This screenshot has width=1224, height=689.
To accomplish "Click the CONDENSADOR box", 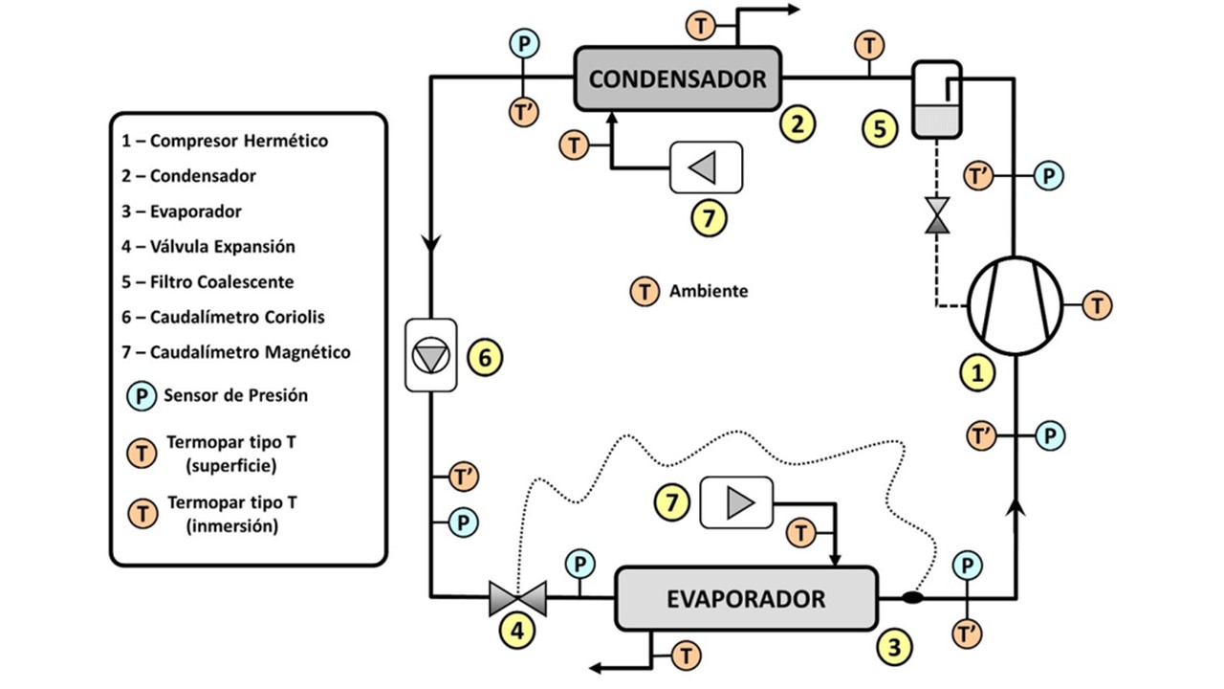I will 677,78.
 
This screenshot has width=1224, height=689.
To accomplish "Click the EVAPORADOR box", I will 745,599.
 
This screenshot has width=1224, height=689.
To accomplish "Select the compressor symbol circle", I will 1015,306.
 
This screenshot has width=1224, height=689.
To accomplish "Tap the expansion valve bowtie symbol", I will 516,598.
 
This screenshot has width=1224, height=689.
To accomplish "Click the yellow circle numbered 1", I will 976,374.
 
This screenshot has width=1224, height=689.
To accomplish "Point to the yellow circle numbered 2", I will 798,122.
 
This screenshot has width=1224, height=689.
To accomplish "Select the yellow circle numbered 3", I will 894,647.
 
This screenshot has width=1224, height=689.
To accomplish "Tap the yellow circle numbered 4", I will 517,632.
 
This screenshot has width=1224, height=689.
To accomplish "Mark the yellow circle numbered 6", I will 484,358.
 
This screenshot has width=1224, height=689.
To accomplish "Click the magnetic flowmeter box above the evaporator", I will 736,502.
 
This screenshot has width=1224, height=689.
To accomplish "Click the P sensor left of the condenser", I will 524,43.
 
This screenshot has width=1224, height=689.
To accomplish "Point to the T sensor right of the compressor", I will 1098,306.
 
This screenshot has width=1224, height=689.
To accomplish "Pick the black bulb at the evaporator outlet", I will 912,598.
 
